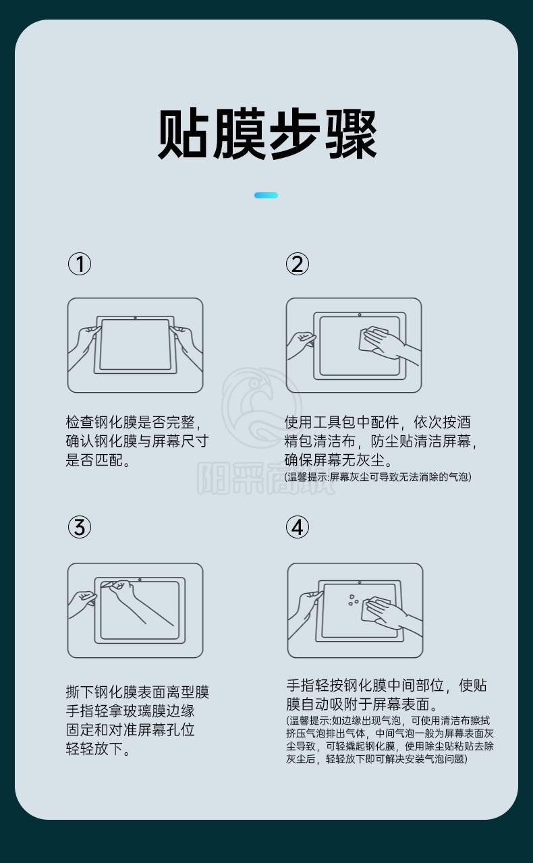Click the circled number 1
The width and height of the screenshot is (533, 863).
(80, 264)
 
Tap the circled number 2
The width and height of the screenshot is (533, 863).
(298, 264)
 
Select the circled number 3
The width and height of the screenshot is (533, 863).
(80, 527)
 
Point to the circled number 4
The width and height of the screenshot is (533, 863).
(298, 527)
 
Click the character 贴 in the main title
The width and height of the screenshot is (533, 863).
(184, 134)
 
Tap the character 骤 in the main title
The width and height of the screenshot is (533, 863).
(350, 134)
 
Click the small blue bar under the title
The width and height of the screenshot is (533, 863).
(266, 195)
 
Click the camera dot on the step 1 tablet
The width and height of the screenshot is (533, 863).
(135, 318)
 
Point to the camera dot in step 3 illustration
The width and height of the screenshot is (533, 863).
(140, 580)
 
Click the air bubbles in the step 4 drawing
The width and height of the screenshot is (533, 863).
(353, 599)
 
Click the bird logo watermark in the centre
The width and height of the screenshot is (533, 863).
(262, 408)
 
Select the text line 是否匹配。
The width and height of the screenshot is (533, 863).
(99, 460)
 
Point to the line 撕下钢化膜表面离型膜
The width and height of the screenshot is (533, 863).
(138, 692)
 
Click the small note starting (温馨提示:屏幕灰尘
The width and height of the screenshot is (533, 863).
(378, 477)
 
